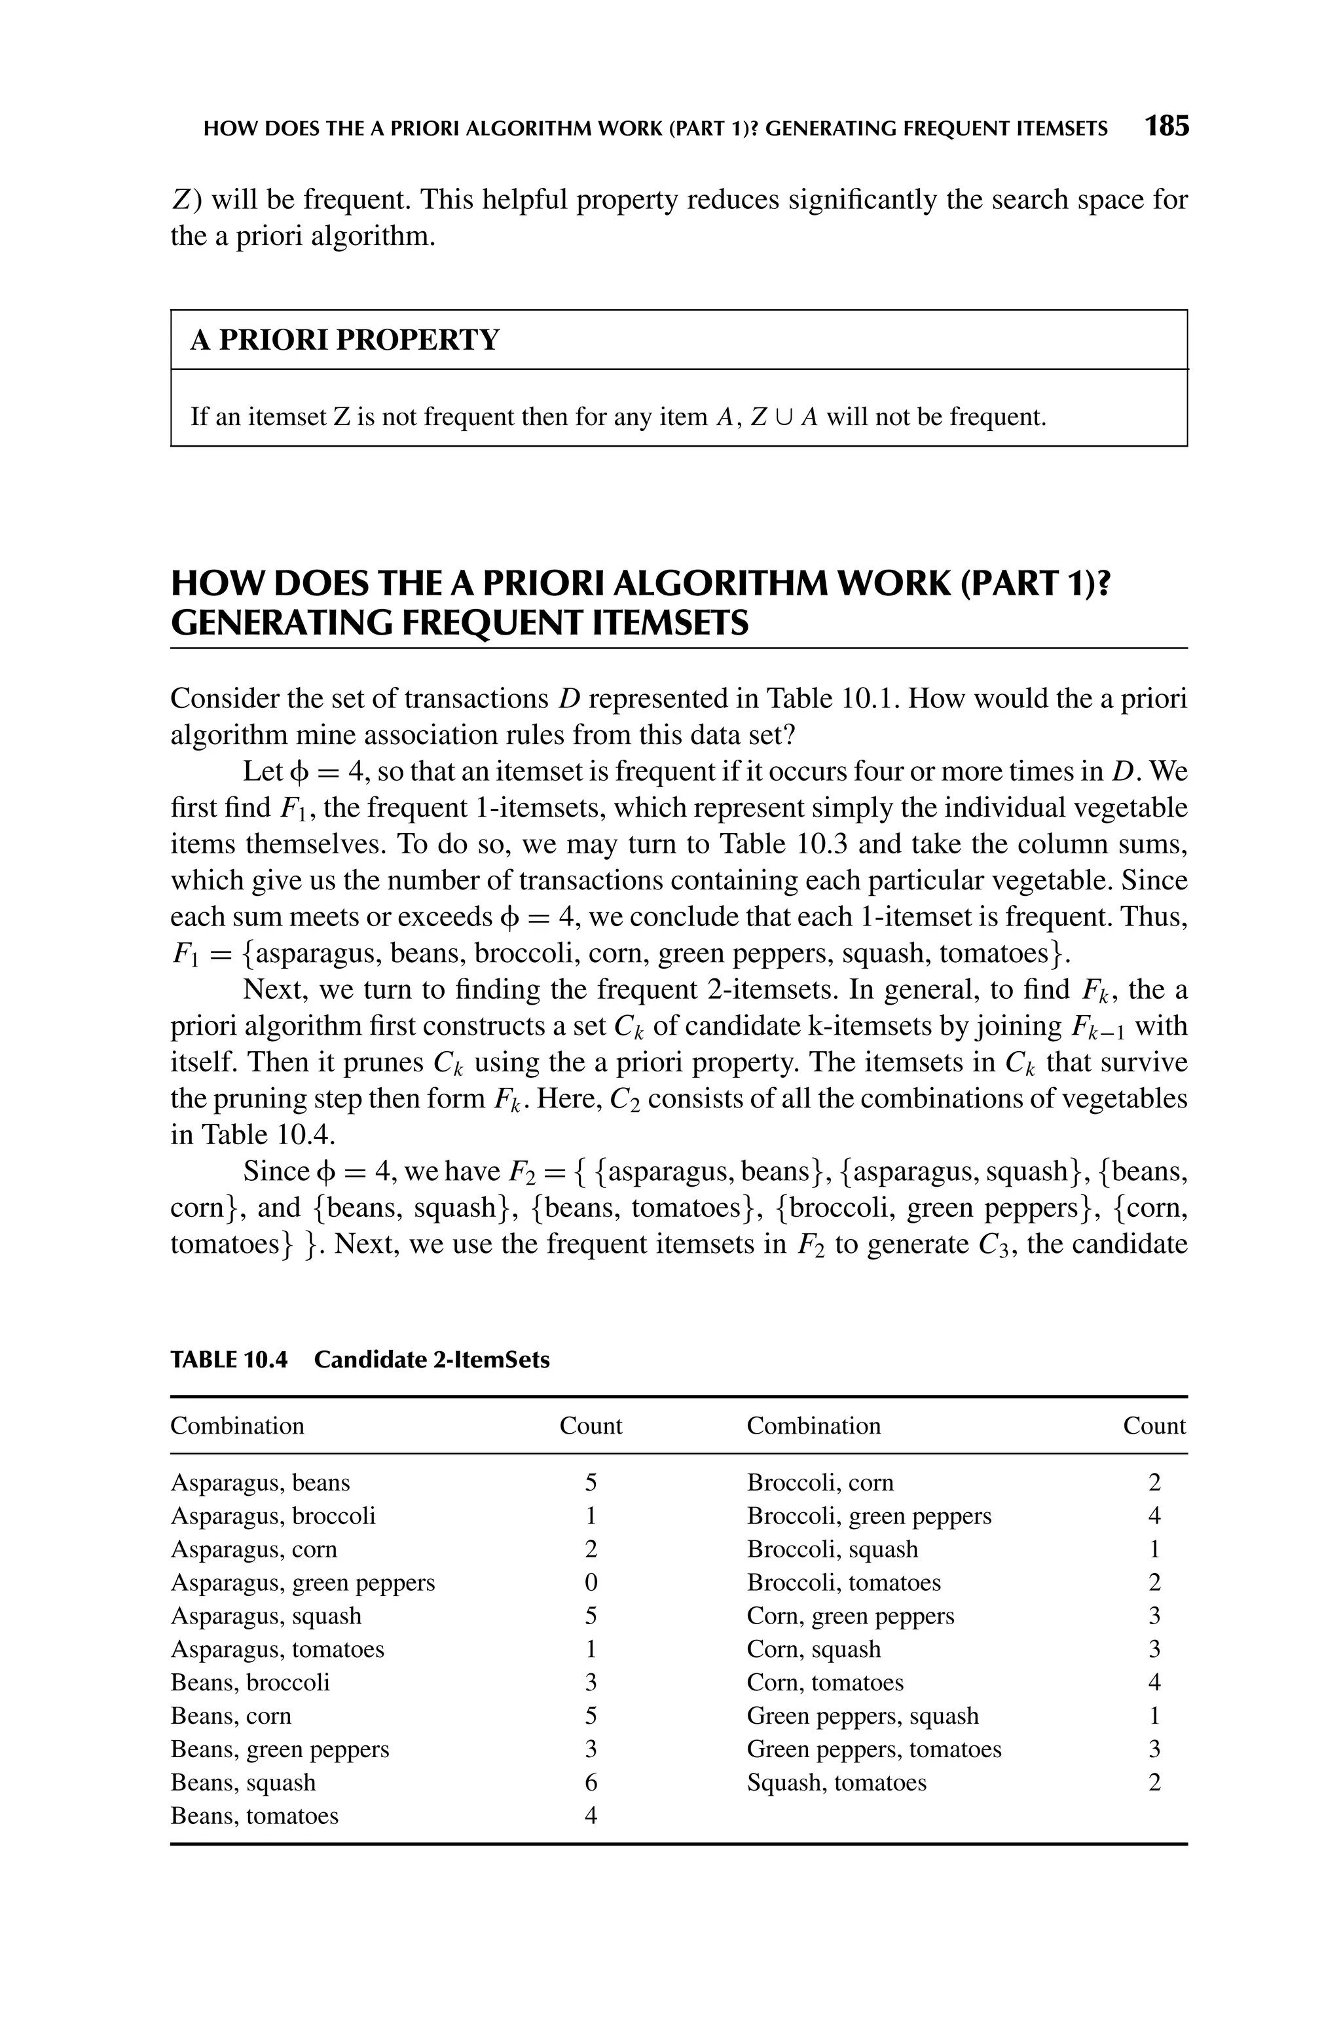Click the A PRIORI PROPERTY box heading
click(x=344, y=341)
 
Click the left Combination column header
click(x=237, y=1426)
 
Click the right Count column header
click(x=1154, y=1426)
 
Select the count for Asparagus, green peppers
click(x=590, y=1582)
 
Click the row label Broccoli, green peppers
click(x=869, y=1515)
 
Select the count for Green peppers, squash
click(x=1154, y=1715)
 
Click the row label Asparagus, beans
click(x=260, y=1482)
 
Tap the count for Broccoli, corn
click(x=1154, y=1482)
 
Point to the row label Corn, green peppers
click(x=850, y=1616)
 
